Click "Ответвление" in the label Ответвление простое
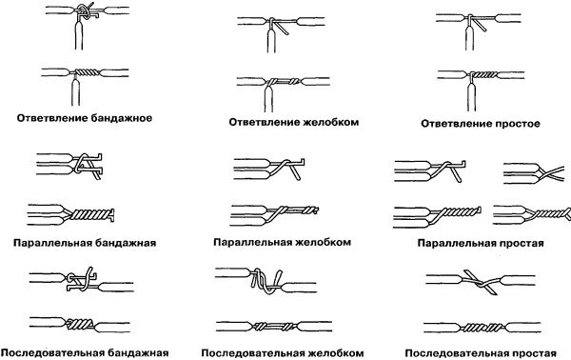(455, 124)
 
